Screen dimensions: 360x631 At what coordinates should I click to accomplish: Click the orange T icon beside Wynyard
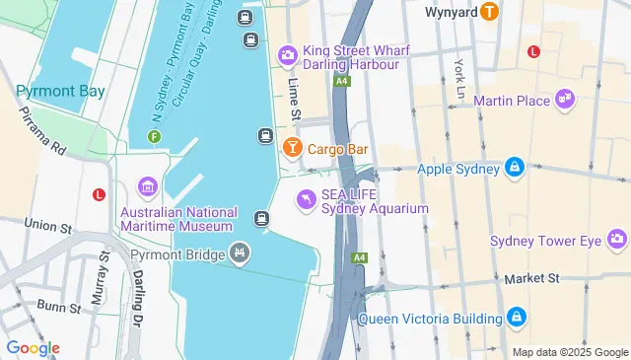point(490,13)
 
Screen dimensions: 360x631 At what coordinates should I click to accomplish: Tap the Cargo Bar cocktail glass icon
point(292,149)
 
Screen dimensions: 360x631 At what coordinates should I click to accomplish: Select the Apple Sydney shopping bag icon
point(514,169)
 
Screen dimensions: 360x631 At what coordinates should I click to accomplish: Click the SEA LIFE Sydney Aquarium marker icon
point(307,200)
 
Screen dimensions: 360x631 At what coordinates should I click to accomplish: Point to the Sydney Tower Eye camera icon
point(617,240)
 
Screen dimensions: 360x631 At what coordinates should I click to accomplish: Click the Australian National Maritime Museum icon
point(148,187)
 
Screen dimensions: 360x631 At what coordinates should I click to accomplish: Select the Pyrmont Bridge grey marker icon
point(238,254)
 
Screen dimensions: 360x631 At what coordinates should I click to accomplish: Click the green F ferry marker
point(154,136)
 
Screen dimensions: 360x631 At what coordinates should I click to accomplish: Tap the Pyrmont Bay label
point(60,91)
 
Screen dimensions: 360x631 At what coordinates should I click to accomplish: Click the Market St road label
point(531,279)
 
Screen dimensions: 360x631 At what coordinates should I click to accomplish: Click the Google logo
point(33,348)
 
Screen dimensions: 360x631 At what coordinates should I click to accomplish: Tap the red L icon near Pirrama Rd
point(99,194)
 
